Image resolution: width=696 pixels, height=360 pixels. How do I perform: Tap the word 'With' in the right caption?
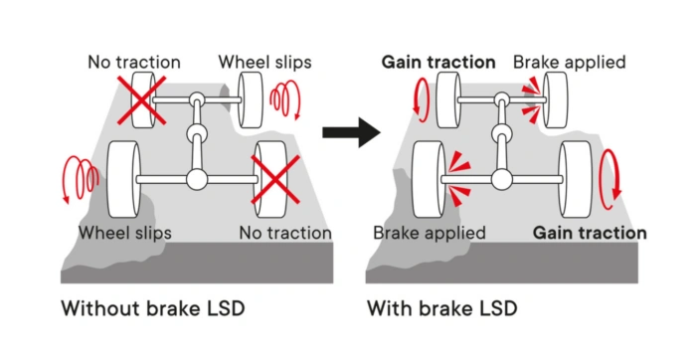point(388,307)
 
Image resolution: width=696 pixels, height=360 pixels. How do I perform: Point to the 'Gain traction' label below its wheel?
point(589,233)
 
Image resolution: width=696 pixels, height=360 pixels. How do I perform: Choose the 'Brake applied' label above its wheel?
point(569,63)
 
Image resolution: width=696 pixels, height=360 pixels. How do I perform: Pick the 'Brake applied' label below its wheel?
point(429,233)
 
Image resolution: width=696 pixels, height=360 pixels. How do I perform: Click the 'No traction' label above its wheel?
point(134,63)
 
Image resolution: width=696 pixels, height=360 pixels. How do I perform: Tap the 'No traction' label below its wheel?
point(285,233)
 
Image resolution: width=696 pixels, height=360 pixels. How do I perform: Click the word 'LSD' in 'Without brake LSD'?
point(222,307)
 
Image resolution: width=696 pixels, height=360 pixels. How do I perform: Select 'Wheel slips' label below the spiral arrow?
point(125,233)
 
